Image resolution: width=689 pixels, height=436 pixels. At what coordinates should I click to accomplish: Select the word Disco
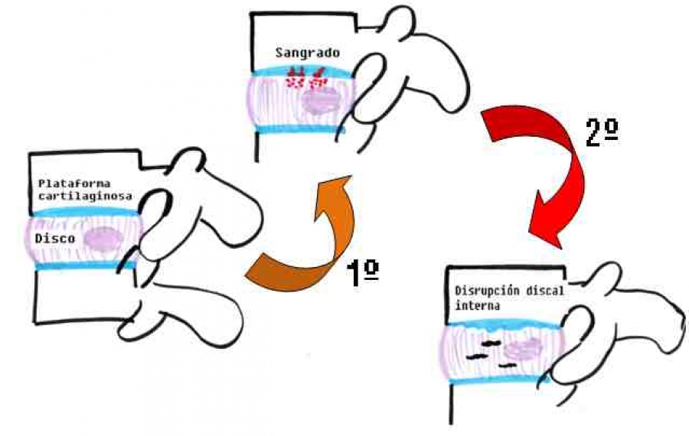pyautogui.click(x=54, y=239)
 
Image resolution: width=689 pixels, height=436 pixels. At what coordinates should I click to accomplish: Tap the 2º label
pyautogui.click(x=601, y=134)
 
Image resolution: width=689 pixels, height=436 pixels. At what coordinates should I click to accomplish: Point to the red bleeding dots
pyautogui.click(x=305, y=79)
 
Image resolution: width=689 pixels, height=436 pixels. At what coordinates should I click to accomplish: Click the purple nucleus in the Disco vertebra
pyautogui.click(x=103, y=239)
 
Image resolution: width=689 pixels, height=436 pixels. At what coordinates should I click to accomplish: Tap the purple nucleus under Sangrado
pyautogui.click(x=321, y=100)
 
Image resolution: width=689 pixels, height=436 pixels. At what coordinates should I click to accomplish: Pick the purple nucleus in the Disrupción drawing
pyautogui.click(x=523, y=350)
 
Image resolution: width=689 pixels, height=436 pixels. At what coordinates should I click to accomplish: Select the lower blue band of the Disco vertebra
pyautogui.click(x=84, y=267)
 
